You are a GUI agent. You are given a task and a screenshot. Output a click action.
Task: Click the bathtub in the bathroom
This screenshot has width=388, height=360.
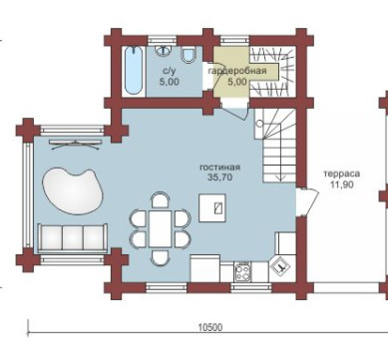tap(134, 70)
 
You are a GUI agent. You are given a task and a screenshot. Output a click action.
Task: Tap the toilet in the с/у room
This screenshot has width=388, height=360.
tap(189, 55)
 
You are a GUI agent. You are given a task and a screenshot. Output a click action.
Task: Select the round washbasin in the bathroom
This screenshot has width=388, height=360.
tap(163, 50)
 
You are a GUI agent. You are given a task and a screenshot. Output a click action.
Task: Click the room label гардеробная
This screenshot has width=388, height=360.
tap(237, 71)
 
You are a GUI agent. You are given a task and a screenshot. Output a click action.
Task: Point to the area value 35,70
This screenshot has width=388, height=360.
tap(219, 178)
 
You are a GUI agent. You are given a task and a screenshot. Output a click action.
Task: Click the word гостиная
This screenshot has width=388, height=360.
tap(219, 168)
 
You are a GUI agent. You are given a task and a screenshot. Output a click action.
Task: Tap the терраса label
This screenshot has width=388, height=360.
tap(342, 174)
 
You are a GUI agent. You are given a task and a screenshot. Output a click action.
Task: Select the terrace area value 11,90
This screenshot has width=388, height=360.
tap(342, 184)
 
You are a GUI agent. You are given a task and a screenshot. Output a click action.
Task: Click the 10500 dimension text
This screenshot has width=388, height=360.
tap(210, 328)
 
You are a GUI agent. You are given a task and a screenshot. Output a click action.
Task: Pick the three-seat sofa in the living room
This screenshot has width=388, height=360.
tap(73, 238)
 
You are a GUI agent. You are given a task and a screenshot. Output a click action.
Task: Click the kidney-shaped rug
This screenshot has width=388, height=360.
tap(73, 190)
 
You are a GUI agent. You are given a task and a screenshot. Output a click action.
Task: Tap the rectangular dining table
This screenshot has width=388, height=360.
tap(161, 228)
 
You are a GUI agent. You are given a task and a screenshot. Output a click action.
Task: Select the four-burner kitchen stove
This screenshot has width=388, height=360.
tap(242, 272)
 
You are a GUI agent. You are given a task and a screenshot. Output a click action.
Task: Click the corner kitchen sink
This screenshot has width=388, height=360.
tap(282, 266)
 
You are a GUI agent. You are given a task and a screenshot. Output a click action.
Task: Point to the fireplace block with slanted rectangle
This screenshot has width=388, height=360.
tap(212, 207)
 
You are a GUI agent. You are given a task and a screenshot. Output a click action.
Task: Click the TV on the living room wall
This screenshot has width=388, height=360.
tap(75, 144)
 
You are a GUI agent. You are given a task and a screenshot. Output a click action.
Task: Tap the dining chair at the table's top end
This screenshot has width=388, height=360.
tap(160, 200)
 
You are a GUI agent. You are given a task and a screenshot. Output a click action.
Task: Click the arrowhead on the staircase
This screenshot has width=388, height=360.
tap(280, 179)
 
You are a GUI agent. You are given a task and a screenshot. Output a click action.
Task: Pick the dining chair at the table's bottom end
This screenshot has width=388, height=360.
tap(160, 256)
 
